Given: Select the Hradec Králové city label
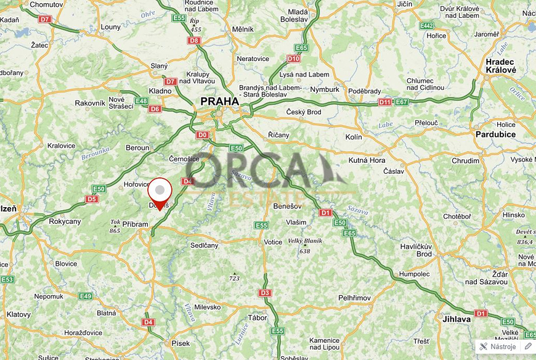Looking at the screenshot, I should (500, 66).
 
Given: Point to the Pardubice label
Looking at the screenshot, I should (495, 134).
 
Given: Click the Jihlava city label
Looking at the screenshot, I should (457, 319).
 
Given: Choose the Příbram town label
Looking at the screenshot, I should (136, 225).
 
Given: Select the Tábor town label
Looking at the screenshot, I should (258, 318).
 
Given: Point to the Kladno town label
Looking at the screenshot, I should (161, 91).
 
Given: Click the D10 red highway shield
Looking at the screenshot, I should (293, 59).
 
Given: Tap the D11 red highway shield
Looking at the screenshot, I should (385, 102).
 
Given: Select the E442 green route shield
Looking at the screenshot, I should (426, 26).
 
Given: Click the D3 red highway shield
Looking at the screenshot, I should (265, 293).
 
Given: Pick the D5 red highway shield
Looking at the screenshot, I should (92, 199).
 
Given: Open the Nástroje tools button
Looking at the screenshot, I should (498, 346).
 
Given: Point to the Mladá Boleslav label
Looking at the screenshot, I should (298, 15).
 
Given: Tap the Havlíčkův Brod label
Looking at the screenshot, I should (416, 250).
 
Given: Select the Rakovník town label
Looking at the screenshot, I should (90, 103).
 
